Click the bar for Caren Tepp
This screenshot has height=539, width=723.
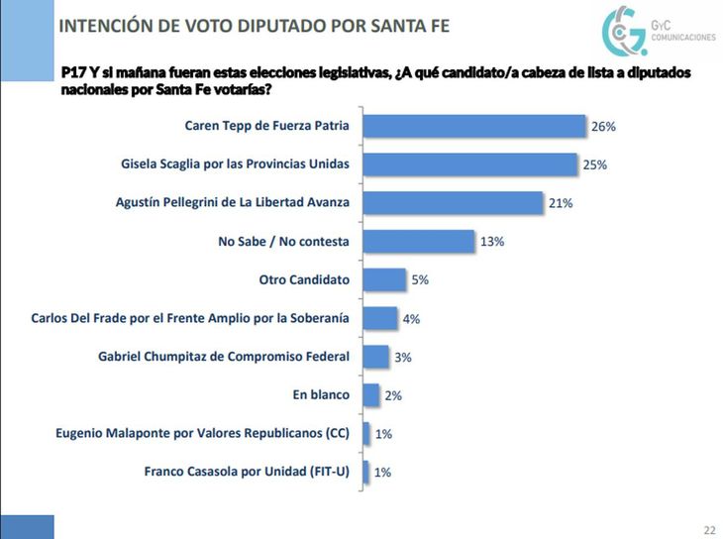click(474, 126)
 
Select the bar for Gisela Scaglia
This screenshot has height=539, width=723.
click(469, 164)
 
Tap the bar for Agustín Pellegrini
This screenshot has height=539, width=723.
click(452, 203)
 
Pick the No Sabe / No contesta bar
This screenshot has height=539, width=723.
click(418, 241)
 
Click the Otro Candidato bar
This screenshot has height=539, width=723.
click(384, 279)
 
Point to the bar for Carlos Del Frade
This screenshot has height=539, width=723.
click(380, 318)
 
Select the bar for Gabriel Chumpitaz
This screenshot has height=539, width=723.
click(375, 357)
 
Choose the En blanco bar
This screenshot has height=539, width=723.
click(371, 394)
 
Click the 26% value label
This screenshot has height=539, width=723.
click(604, 127)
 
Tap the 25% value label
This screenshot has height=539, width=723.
click(595, 164)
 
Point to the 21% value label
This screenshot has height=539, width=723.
click(561, 203)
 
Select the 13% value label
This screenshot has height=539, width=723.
click(493, 242)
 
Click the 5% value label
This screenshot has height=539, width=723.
click(420, 280)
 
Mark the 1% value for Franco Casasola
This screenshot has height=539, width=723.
click(382, 473)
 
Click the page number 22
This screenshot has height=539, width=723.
click(709, 528)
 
